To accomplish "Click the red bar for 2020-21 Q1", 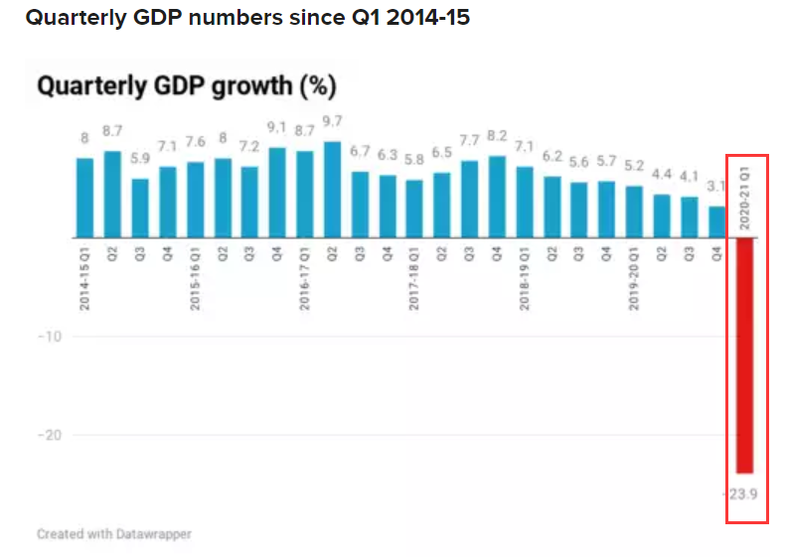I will (x=744, y=355).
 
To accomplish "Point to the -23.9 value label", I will (x=744, y=491).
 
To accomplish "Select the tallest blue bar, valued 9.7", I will (x=333, y=190).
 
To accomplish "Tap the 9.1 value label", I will (x=277, y=126).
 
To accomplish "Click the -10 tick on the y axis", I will (x=50, y=337).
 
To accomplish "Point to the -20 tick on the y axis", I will (x=50, y=435).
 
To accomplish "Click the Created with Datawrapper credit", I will (x=114, y=534).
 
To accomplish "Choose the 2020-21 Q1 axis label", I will (x=744, y=197).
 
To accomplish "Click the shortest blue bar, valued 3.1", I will (x=716, y=221).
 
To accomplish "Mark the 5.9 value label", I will (x=140, y=157).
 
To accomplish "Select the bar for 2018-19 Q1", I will (x=525, y=202).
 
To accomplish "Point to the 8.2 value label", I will (x=497, y=135).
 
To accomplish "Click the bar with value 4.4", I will (x=662, y=215).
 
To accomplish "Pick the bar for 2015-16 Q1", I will (x=196, y=200).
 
